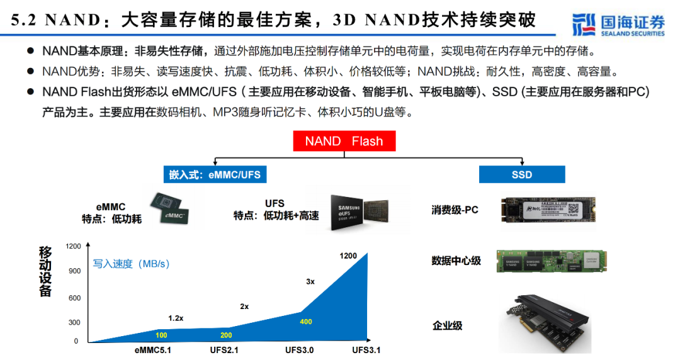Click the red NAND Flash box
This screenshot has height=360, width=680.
click(344, 141)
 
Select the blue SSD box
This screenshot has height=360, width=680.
click(521, 174)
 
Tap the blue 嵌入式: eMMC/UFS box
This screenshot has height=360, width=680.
click(215, 174)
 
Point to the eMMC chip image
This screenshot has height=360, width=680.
click(169, 210)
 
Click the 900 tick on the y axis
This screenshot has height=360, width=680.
click(74, 271)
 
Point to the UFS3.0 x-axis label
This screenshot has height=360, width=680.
click(300, 350)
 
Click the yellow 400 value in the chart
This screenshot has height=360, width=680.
click(306, 322)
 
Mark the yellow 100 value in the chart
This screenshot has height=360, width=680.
click(162, 335)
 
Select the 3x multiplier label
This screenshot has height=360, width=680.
click(310, 282)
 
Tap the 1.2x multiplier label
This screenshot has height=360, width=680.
click(176, 318)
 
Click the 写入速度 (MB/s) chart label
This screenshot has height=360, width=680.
click(132, 264)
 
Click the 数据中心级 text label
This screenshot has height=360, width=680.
click(456, 261)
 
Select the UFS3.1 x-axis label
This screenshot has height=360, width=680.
click(366, 350)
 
